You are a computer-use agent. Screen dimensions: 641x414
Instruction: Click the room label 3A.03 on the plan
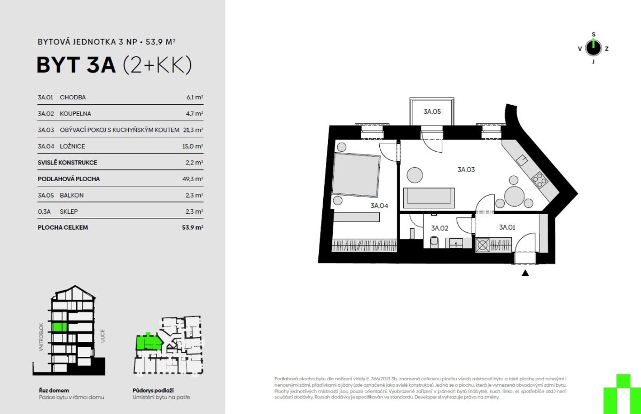466,170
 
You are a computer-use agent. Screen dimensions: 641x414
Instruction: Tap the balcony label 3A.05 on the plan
432,111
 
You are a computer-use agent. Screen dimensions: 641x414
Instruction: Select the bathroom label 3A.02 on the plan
440,228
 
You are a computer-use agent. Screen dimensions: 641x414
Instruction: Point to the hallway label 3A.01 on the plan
507,227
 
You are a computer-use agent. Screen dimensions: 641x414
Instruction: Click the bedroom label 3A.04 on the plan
379,206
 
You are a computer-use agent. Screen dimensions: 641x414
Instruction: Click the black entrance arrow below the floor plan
525,273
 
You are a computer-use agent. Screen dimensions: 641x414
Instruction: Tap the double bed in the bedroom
356,175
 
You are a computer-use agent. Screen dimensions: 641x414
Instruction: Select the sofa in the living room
428,198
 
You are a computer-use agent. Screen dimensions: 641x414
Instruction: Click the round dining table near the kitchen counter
514,196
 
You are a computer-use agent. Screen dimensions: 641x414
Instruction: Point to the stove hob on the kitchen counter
540,179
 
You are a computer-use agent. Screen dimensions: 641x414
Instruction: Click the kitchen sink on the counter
522,160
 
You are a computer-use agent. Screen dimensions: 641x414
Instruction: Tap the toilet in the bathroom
434,242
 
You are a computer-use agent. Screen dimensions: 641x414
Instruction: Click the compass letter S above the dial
593,34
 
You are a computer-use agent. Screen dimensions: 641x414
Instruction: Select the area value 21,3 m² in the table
193,130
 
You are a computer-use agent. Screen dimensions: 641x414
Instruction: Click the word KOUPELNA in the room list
75,114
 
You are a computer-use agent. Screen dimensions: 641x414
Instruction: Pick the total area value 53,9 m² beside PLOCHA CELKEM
193,228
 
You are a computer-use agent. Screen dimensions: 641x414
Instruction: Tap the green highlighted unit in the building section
60,327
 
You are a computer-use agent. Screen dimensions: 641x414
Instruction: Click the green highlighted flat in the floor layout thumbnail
147,343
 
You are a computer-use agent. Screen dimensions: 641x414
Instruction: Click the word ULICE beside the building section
103,336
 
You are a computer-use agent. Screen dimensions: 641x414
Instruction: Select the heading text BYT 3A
76,65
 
